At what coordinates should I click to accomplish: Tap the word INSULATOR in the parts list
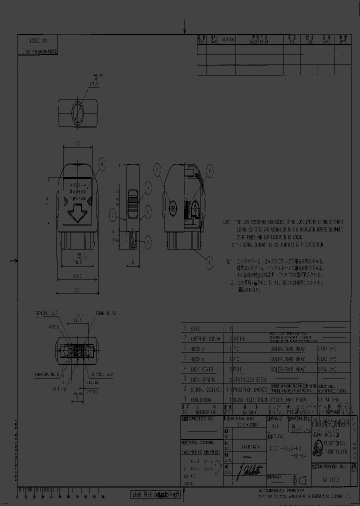tap(200, 400)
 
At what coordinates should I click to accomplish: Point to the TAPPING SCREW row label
tap(205, 338)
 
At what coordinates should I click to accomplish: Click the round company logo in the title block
tap(315, 448)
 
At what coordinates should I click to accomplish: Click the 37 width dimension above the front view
tap(77, 143)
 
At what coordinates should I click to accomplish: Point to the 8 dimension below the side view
tap(132, 262)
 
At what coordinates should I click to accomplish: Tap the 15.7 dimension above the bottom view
tap(77, 319)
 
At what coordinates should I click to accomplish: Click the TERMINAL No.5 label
tap(47, 373)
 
